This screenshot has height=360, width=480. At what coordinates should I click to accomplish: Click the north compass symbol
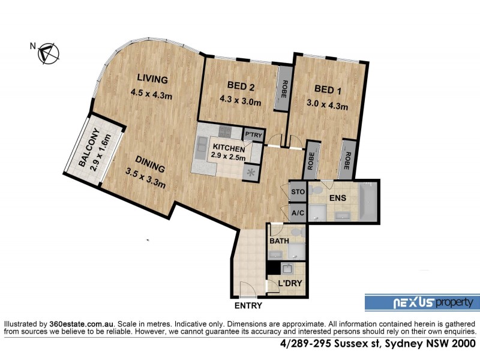click(x=48, y=53)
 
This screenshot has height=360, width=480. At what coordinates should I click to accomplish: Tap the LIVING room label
click(x=151, y=78)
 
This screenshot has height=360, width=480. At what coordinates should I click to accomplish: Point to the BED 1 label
click(x=325, y=89)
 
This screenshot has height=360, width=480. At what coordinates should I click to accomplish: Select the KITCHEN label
click(x=227, y=148)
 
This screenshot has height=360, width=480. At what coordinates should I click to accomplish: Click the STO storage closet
click(x=298, y=192)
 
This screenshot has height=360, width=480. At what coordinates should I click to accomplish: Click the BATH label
click(x=279, y=241)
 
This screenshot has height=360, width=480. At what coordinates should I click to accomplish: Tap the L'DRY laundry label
click(x=290, y=283)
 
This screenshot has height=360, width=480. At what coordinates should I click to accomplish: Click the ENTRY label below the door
click(x=248, y=305)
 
